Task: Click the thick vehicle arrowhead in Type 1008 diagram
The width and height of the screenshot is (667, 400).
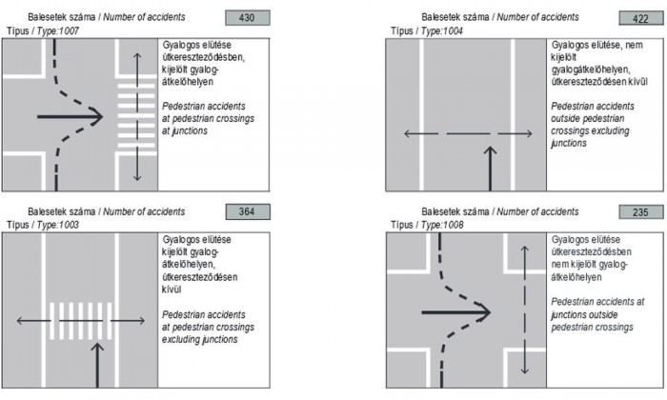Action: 483,310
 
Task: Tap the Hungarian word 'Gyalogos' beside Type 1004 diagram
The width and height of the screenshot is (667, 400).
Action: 569,45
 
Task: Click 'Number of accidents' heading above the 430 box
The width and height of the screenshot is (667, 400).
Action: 158,18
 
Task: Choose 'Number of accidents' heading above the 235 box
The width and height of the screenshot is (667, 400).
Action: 551,211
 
